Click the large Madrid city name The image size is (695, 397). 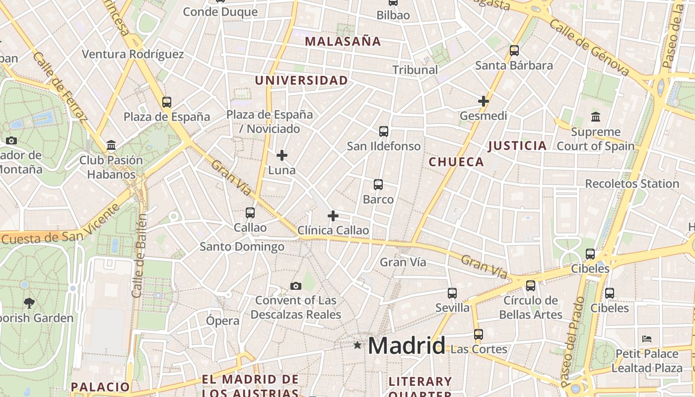coord(406,345)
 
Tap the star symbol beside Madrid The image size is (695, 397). coord(357,345)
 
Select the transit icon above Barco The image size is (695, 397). coord(378,185)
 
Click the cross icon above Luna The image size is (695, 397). coord(282,155)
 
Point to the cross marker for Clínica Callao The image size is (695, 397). coord(333,216)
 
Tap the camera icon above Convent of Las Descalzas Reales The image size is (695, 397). coord(296,286)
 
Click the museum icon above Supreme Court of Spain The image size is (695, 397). coord(596,117)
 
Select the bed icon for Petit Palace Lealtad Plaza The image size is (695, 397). coord(646,339)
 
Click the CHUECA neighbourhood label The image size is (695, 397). coord(456,162)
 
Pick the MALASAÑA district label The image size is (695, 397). coord(343,42)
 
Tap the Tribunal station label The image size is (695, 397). coord(415,70)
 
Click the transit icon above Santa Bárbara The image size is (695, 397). coord(514,51)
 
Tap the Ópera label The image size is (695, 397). coord(223,321)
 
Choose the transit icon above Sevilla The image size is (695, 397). coord(452,293)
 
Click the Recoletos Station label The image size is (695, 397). coord(632,184)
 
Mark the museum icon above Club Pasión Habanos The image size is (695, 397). coord(111,145)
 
